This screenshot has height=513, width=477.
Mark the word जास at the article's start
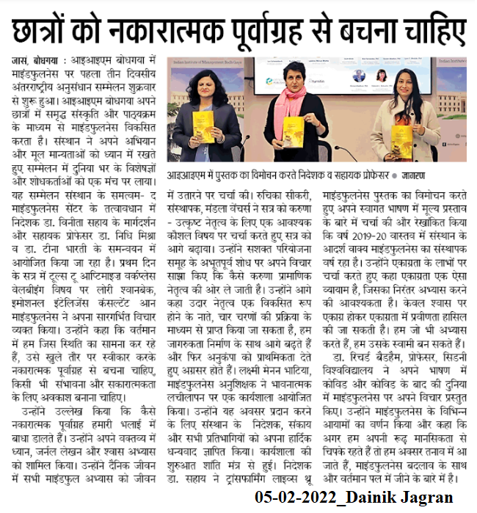pos(16,59)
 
